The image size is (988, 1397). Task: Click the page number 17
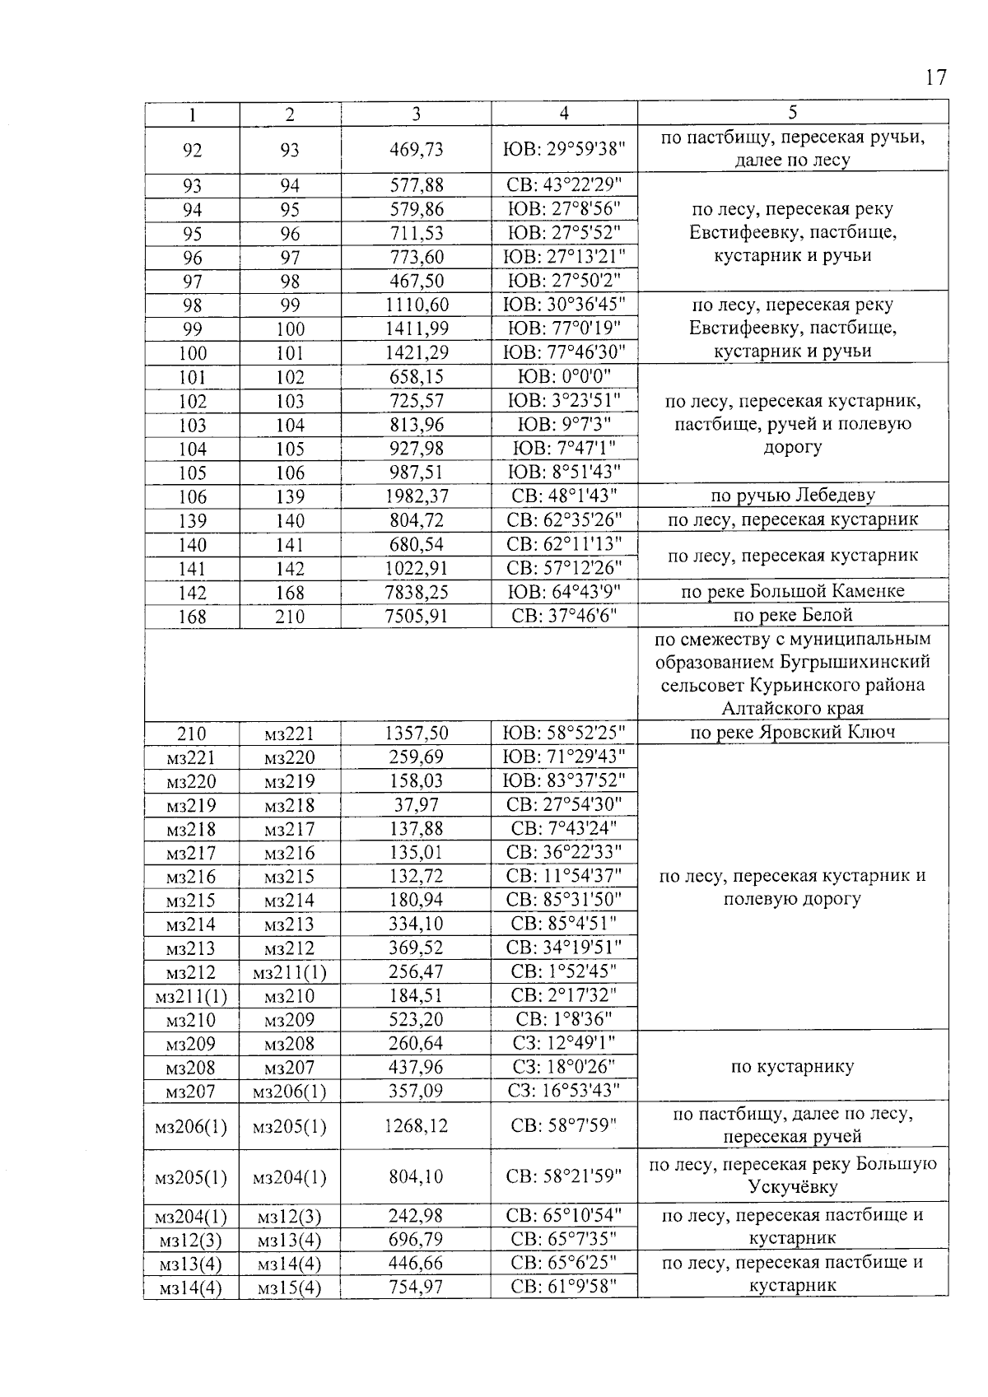934,78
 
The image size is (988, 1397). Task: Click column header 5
792,113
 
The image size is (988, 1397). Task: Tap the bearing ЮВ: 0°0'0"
564,377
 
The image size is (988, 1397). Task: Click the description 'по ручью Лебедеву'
792,496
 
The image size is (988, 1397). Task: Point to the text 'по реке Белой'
792,616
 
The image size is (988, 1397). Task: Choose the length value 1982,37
416,496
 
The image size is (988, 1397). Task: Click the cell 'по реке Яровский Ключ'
792,733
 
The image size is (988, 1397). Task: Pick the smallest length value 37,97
416,804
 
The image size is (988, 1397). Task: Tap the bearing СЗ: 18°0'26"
564,1067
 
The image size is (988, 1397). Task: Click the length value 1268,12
416,1125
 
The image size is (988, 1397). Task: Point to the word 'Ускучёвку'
792,1187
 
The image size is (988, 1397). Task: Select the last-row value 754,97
416,1287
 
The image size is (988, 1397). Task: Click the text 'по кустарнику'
792,1067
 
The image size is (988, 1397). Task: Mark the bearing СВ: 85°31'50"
564,900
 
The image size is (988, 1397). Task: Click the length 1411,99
416,329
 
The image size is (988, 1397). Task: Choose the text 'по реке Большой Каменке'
792,592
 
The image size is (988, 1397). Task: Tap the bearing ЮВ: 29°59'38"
564,149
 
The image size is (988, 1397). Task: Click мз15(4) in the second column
289,1288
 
